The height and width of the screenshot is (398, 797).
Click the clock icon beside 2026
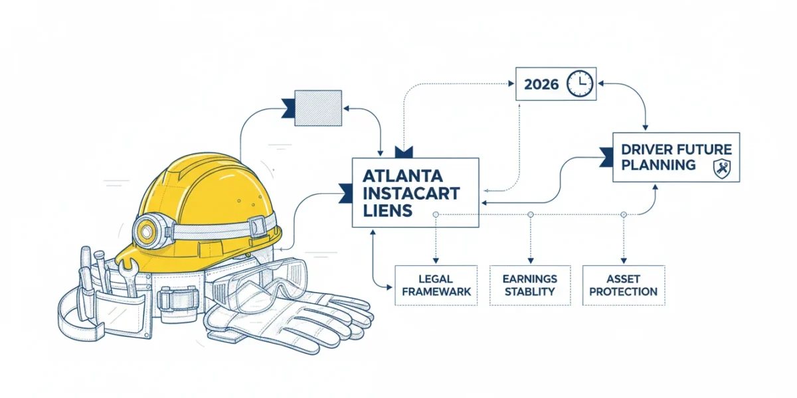580,84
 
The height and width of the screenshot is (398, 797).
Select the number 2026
541,84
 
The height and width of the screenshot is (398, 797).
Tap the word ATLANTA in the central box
402,176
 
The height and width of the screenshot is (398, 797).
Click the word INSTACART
411,194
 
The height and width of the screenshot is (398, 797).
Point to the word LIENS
387,211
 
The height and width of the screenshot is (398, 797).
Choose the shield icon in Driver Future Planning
722,168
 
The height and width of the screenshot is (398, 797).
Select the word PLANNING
658,165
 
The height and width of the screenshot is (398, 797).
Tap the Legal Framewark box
436,285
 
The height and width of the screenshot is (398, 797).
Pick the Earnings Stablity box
530,285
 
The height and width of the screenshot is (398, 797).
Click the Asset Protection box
624,285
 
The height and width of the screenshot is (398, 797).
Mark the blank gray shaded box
318,108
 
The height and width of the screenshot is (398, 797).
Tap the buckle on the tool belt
178,301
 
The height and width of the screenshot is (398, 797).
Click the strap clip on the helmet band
257,226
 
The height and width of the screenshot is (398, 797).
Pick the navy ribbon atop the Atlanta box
404,152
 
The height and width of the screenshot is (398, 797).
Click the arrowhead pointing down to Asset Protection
624,261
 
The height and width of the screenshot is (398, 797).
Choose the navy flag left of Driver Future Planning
606,157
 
